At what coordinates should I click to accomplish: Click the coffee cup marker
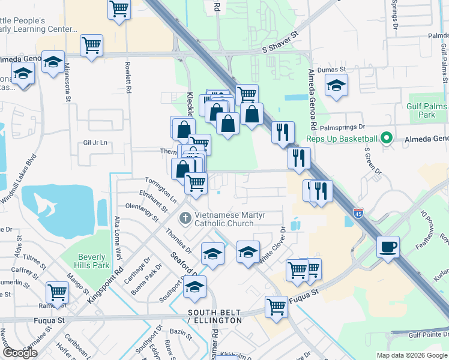pos(388,247)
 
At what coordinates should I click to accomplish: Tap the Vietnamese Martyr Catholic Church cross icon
pos(186,217)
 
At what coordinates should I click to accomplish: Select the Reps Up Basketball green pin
pos(387,139)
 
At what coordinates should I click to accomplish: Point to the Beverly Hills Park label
pos(93,261)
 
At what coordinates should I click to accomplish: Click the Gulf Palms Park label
pos(427,110)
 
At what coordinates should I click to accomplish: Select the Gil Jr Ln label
pos(96,143)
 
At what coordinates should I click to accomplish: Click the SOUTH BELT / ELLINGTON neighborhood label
pos(215,317)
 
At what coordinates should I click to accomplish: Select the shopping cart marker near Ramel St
pos(57,292)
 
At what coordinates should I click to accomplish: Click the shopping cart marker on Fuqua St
pos(276,307)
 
